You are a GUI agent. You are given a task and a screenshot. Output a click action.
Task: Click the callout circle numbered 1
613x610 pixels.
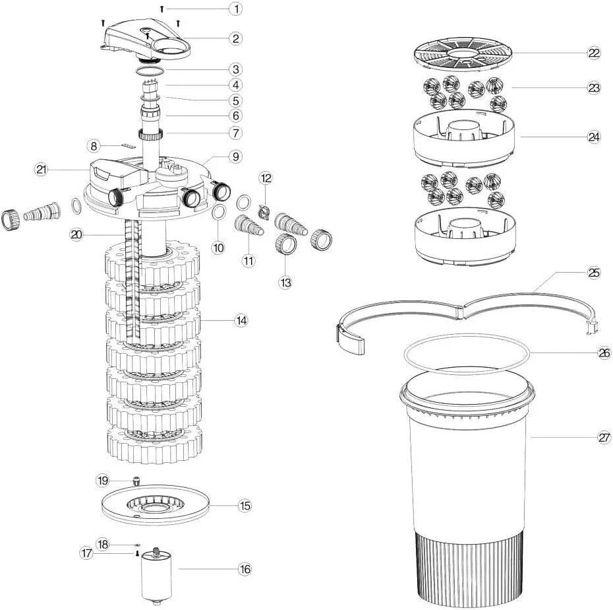pyautogui.click(x=235, y=9)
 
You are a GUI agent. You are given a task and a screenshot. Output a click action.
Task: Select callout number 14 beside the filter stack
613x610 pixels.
pyautogui.click(x=241, y=320)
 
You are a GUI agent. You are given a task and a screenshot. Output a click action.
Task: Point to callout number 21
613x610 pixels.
pyautogui.click(x=42, y=170)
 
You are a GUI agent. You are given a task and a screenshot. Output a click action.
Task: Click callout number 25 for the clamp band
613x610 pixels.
pyautogui.click(x=593, y=272)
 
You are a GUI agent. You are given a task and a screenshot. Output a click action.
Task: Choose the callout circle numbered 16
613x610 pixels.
pyautogui.click(x=245, y=569)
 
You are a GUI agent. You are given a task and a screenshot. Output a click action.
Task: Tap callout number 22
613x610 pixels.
pyautogui.click(x=594, y=53)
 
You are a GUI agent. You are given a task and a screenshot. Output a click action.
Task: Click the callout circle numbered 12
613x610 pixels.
pyautogui.click(x=266, y=178)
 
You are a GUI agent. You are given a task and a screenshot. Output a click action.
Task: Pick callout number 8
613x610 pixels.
pyautogui.click(x=94, y=144)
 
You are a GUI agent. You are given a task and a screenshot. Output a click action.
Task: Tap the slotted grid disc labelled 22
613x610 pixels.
pyautogui.click(x=460, y=53)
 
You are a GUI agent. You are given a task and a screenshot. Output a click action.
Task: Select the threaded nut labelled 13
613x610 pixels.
pyautogui.click(x=285, y=244)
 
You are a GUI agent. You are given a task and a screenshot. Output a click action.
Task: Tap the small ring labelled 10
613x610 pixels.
pyautogui.click(x=219, y=213)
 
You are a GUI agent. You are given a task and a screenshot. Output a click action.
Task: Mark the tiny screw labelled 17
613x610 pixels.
pyautogui.click(x=137, y=554)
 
